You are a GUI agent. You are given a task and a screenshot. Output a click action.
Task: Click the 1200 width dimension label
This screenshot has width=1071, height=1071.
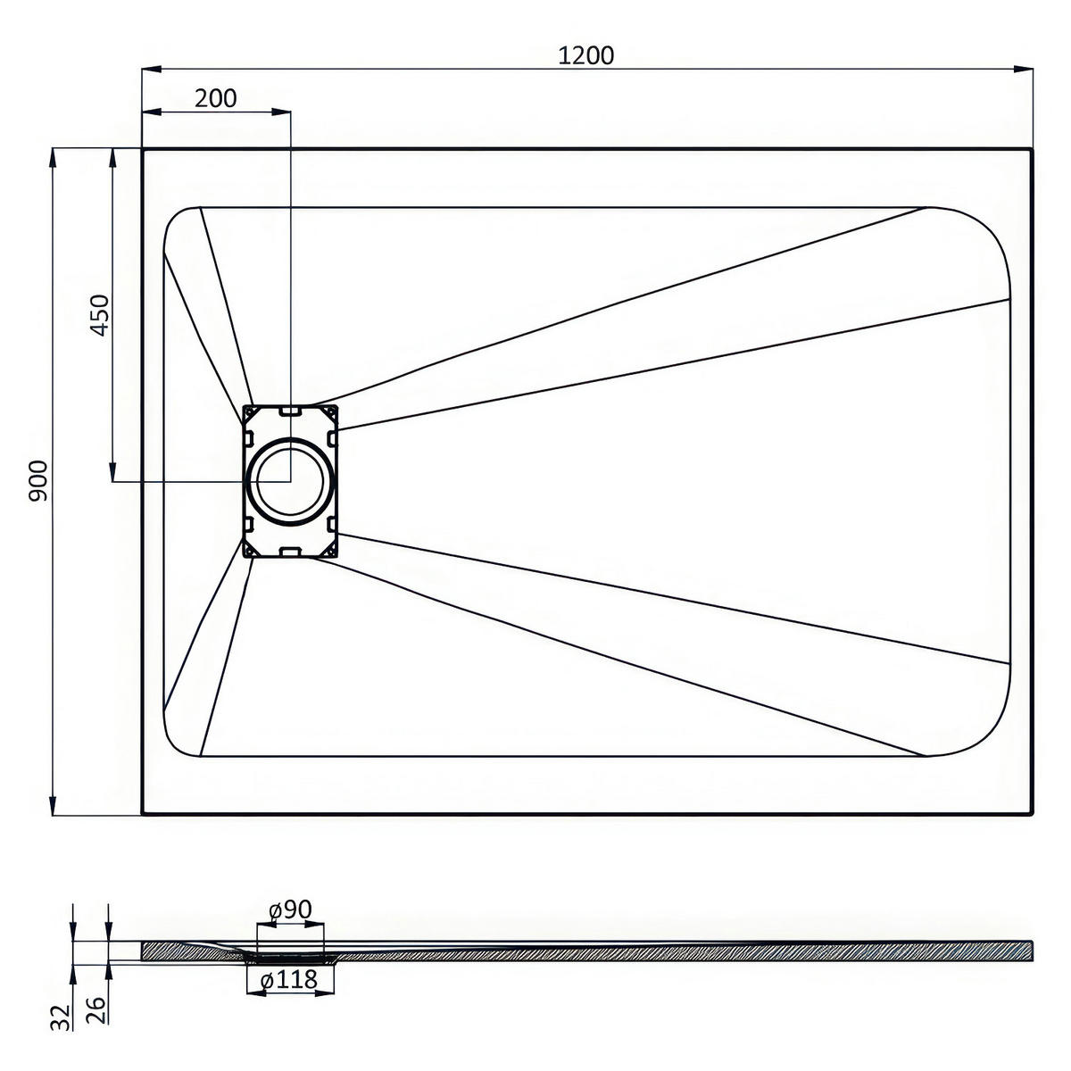[585, 55]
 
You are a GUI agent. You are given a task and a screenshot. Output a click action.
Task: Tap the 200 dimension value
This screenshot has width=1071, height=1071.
[216, 98]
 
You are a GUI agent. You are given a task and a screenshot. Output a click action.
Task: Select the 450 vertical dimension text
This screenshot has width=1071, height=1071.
[100, 315]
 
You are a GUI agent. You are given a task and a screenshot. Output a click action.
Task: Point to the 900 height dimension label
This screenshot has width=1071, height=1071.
[39, 481]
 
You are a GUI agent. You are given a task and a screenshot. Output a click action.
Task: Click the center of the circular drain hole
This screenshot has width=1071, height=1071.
[289, 481]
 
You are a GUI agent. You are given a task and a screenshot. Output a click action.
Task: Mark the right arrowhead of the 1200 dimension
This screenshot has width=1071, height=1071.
[1024, 69]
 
